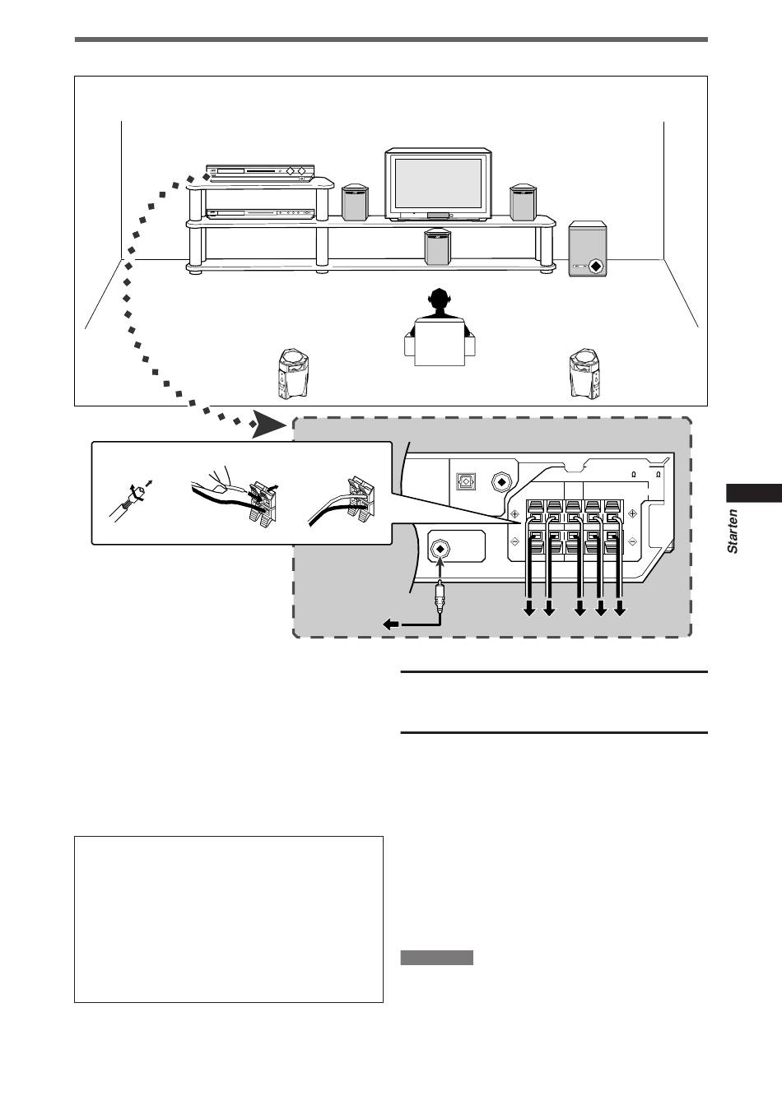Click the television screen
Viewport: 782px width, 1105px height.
(438, 183)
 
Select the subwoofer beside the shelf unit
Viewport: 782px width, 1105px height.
(587, 248)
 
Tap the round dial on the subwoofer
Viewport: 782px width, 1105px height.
(596, 267)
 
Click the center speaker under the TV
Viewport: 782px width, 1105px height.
(437, 247)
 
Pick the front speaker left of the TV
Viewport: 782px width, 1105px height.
(356, 202)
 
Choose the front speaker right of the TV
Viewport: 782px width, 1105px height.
(523, 202)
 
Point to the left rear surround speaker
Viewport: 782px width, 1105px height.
(293, 374)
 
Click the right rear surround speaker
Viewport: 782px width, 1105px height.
(585, 374)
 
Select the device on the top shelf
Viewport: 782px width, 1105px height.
(260, 173)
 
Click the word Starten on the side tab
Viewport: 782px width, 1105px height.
(733, 532)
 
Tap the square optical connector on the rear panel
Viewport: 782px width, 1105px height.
(465, 481)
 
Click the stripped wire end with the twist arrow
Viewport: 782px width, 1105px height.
(129, 501)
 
